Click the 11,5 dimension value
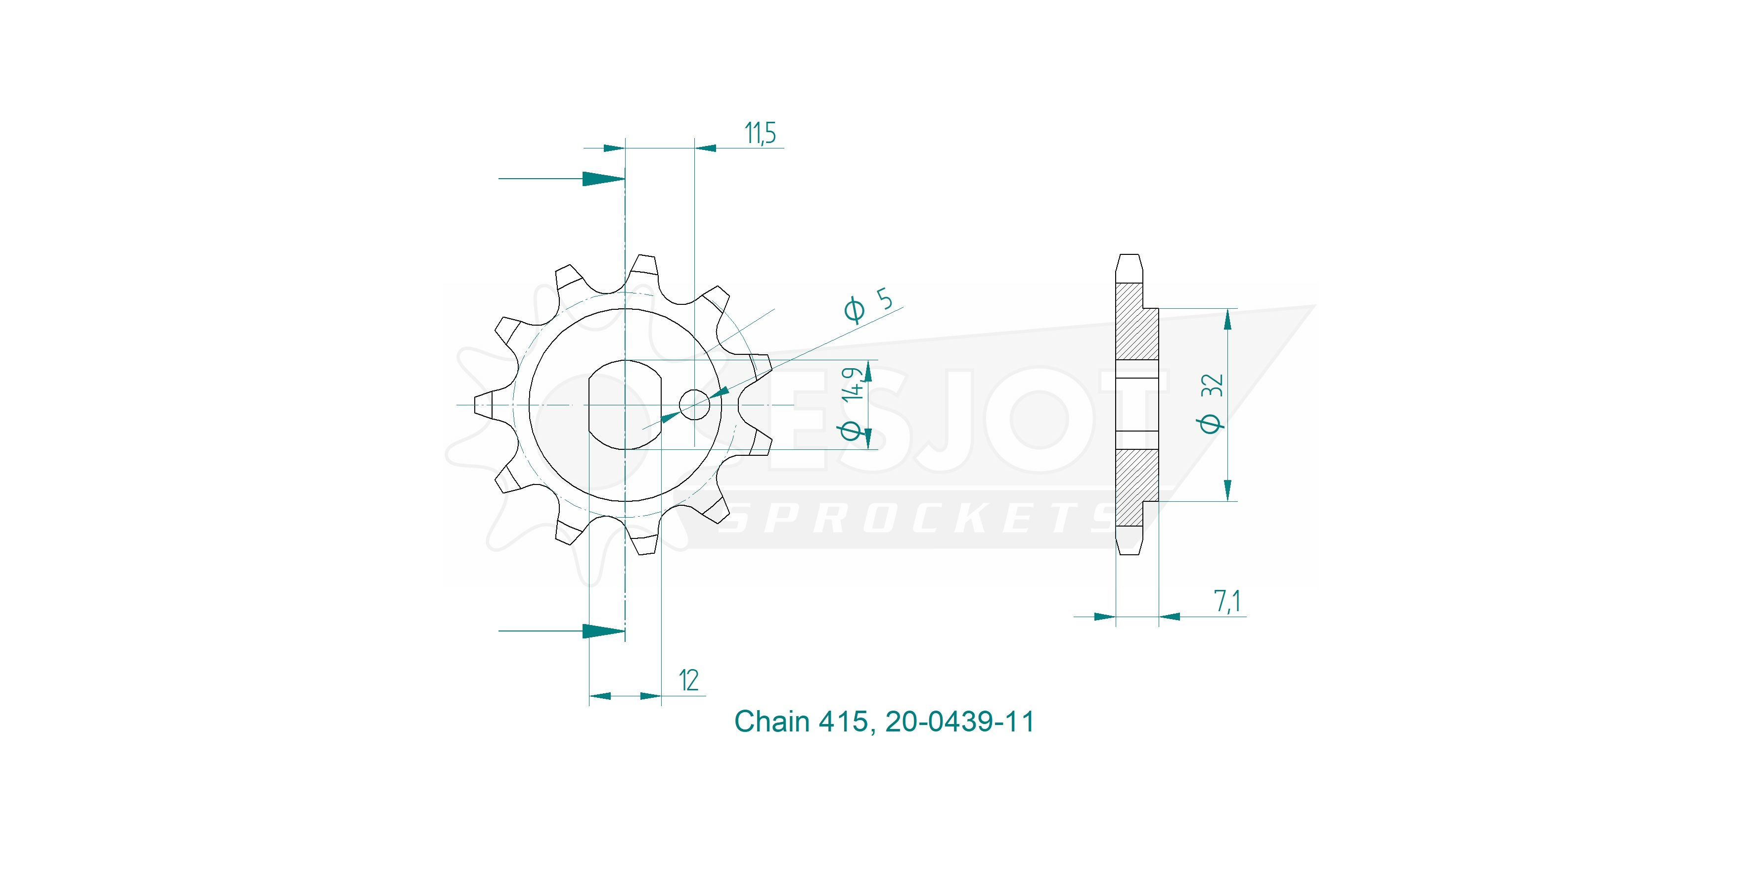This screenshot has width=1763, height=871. click(761, 134)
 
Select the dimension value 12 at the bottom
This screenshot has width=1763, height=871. click(688, 681)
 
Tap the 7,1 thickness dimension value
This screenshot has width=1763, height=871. click(1228, 602)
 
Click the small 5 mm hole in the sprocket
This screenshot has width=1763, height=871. click(695, 405)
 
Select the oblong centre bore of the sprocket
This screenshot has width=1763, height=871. click(625, 405)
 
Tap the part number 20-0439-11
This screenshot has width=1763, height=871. click(959, 722)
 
